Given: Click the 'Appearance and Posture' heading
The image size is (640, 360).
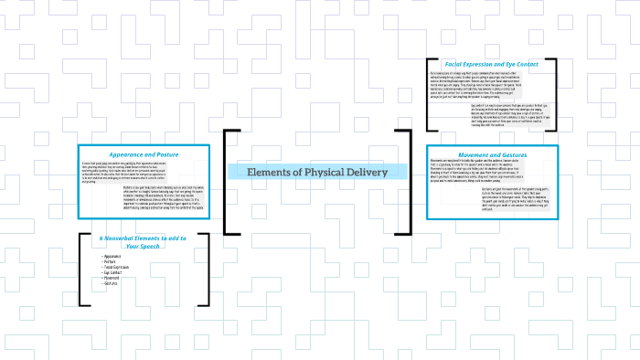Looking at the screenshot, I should click(144, 154).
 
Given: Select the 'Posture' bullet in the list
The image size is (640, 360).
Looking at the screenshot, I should click(111, 261).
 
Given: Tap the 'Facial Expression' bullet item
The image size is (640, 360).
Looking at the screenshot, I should click(118, 267).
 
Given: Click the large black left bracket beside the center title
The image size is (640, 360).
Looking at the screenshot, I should click(229, 183).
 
